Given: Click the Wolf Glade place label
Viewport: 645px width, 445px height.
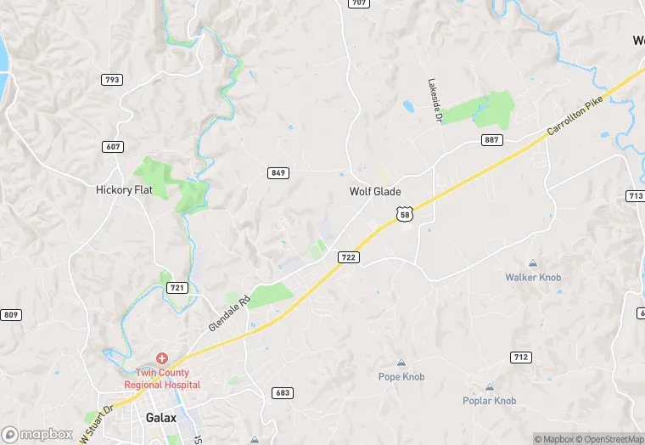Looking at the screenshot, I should coord(375,192).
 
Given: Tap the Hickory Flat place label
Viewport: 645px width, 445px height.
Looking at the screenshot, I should coord(124,190).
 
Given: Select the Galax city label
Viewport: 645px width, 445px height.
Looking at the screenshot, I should coord(160,418).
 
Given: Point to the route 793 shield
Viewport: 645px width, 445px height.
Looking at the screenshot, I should coord(111,80).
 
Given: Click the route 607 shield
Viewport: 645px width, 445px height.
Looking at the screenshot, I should coord(114,147).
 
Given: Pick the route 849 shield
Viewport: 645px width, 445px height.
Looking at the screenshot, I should coord(278,173).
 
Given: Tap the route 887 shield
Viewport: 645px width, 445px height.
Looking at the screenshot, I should coord(491,139).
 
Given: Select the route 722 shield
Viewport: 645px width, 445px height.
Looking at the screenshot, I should coord(350,256).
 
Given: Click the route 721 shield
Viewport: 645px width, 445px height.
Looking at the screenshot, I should coord(177,288).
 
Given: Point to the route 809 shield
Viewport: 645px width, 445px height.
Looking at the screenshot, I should coord(10,315).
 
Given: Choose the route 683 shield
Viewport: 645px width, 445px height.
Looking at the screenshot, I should coord(283,392).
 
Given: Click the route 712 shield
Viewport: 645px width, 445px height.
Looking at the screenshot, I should coord(520,357).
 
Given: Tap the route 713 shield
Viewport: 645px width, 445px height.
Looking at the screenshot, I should coord(636,196).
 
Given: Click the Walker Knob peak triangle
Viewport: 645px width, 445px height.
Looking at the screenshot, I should coord(533,263).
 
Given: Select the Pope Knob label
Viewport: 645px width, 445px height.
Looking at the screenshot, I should coord(401,376).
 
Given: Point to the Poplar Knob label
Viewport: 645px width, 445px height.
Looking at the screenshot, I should coord(489,400).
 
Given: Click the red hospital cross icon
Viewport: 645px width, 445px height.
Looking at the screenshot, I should coord(161,360).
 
